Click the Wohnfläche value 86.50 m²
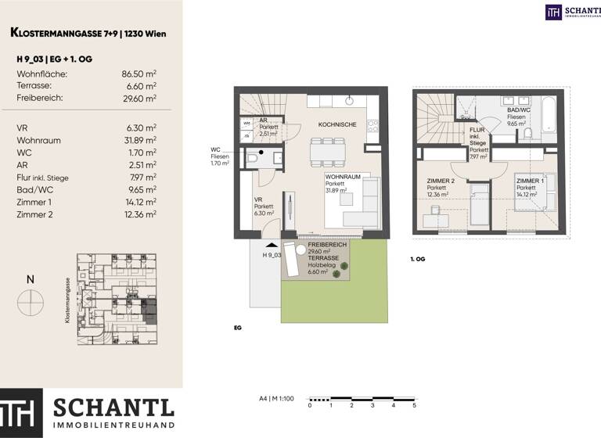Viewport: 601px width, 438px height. (139, 74)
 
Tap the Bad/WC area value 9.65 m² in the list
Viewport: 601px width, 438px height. (142, 189)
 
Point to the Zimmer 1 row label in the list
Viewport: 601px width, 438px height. (34, 201)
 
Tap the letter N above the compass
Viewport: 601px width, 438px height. (30, 279)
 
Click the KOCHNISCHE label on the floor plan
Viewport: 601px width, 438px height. (337, 124)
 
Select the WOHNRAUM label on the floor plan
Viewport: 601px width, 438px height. (343, 178)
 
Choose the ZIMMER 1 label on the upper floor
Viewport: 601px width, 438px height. (527, 181)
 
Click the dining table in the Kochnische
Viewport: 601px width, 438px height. (327, 150)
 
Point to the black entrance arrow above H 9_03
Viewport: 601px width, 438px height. (272, 245)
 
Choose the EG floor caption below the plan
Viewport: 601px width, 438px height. (237, 328)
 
